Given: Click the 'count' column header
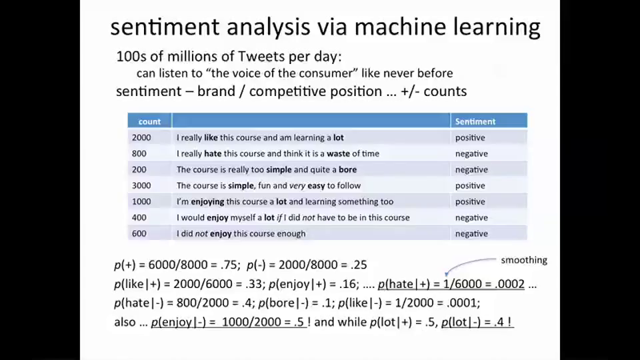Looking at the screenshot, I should (x=149, y=121).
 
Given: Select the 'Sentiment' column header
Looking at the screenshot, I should (x=475, y=121).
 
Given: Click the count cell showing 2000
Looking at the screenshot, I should (x=141, y=137).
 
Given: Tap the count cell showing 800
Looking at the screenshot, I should (x=139, y=153).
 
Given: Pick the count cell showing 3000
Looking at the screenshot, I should (x=141, y=185).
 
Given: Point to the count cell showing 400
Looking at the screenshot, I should (x=139, y=217).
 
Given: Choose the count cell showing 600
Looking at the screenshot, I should (x=139, y=233).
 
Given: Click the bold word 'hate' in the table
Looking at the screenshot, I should (x=213, y=153).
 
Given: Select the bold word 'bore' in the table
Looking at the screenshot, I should (x=347, y=169).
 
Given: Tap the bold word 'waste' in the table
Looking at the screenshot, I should (x=338, y=153).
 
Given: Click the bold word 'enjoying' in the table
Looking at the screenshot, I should (x=207, y=201).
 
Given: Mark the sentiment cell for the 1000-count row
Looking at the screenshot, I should (x=470, y=201).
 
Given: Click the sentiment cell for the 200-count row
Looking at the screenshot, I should (x=471, y=169).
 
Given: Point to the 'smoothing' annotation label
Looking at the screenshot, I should (x=523, y=260).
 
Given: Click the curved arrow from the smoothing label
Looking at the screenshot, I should (x=470, y=263).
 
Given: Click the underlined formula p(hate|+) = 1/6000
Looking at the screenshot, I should (x=451, y=284).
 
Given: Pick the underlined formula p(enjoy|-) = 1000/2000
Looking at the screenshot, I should (x=228, y=322).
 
